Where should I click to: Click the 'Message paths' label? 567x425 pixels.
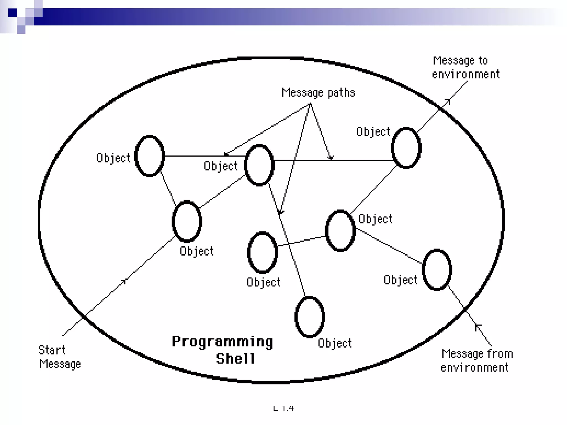click(318, 92)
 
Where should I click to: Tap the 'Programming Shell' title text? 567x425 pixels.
click(222, 350)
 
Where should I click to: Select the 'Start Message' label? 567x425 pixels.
click(59, 357)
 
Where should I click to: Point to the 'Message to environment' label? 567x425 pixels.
click(466, 67)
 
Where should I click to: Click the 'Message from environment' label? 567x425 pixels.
click(476, 361)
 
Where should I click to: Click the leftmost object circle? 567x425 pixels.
click(150, 156)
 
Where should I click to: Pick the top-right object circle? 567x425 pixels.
click(406, 148)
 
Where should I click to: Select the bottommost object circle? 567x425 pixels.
click(310, 317)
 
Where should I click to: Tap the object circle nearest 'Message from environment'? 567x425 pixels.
click(437, 270)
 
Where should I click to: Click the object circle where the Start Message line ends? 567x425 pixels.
click(187, 221)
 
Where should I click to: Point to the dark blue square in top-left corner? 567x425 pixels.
click(12, 13)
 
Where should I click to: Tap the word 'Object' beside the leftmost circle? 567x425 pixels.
click(113, 158)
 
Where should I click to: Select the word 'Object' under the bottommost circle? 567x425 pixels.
click(335, 343)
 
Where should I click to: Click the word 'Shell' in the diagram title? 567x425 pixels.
click(235, 359)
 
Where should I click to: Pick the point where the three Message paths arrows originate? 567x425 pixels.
click(310, 104)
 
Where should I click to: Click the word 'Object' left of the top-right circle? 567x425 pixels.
click(373, 132)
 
